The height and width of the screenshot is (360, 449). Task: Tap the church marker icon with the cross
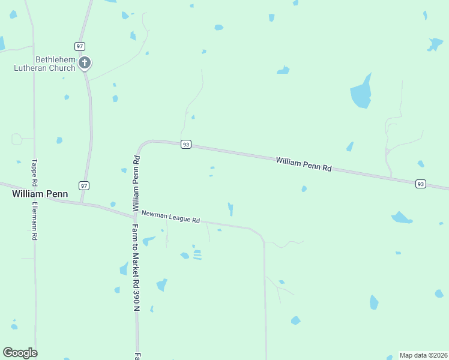click(x=85, y=62)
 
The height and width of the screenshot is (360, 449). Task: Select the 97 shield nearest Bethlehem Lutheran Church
click(x=80, y=46)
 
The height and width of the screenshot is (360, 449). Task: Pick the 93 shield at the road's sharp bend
click(x=186, y=144)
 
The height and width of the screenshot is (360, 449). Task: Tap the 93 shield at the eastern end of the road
click(x=421, y=184)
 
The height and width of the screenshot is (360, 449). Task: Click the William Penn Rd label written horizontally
click(x=304, y=164)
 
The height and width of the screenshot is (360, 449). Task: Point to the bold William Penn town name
click(x=40, y=194)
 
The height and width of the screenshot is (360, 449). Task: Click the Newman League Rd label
click(x=170, y=217)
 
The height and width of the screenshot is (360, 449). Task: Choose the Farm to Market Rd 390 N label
click(x=136, y=267)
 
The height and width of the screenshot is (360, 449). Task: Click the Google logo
click(x=20, y=353)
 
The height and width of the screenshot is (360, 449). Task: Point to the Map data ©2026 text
click(x=423, y=355)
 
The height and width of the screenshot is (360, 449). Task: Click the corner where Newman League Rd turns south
click(x=262, y=235)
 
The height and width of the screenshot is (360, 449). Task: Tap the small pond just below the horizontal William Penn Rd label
click(x=304, y=189)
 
